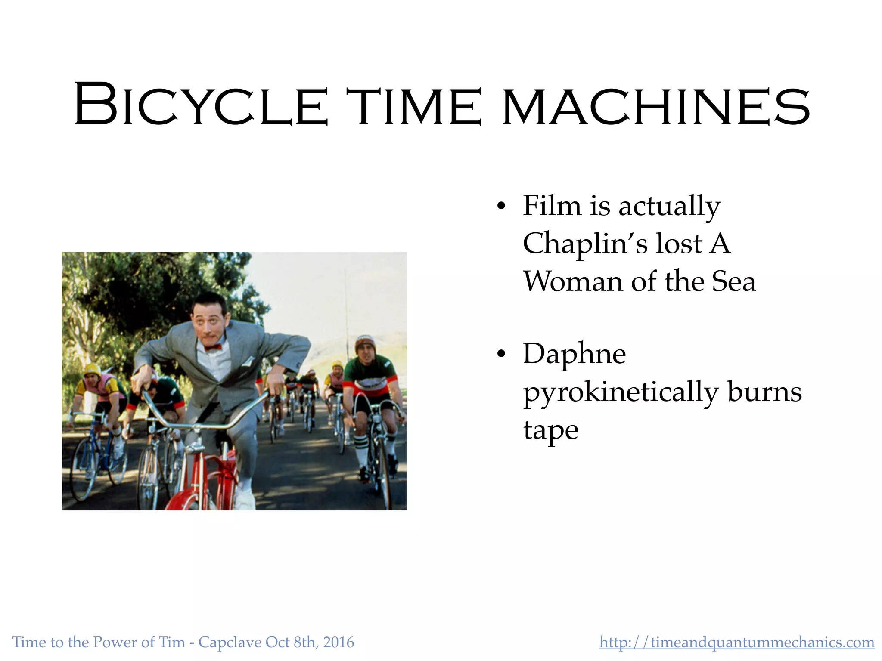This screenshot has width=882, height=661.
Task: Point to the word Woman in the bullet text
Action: coord(573,282)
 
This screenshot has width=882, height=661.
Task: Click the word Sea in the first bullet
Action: coord(734,282)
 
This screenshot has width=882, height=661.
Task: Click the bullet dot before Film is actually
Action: coord(500,206)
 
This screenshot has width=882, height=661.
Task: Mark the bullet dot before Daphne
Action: coord(500,354)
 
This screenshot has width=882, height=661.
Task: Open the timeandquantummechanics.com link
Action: coord(736,642)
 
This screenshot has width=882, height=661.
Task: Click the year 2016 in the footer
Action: coord(339,642)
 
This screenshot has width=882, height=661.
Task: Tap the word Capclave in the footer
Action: coord(230,642)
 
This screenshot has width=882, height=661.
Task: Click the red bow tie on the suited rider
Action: coord(213,347)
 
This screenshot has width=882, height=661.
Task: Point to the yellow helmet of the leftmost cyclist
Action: coord(91,369)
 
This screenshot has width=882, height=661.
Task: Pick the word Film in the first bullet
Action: coord(552,206)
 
